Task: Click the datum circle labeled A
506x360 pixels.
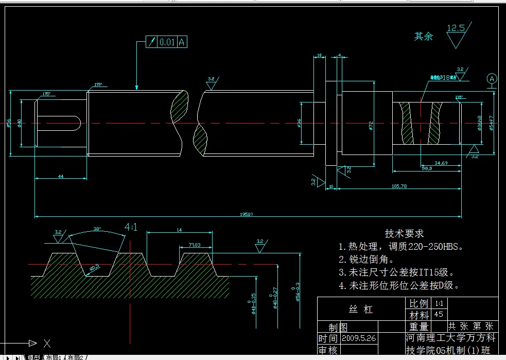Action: (492, 79)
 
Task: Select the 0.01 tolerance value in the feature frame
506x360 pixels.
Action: (167, 42)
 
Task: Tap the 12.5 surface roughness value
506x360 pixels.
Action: (456, 28)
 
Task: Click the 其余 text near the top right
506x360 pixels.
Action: (424, 37)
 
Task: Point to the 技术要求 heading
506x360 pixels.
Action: (404, 233)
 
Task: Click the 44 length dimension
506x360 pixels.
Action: (60, 176)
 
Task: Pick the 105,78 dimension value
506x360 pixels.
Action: (399, 185)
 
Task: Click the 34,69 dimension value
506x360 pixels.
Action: (441, 163)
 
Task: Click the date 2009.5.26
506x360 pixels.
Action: (359, 338)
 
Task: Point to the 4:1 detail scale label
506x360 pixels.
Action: (130, 227)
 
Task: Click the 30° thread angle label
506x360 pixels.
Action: (97, 229)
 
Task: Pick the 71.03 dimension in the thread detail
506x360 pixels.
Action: (194, 245)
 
